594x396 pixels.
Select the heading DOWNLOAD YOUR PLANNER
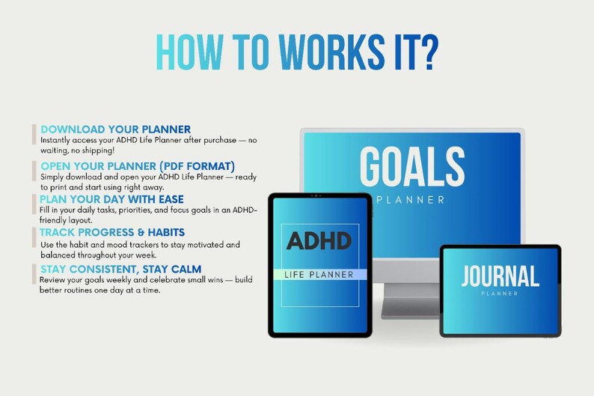click(115, 129)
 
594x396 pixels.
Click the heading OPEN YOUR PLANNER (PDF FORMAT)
click(138, 165)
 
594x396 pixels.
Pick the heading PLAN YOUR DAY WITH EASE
click(111, 199)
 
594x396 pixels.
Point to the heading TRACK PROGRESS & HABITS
click(112, 233)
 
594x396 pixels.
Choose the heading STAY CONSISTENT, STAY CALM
click(120, 268)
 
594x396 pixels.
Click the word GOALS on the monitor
click(411, 166)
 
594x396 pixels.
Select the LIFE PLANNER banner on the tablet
click(319, 275)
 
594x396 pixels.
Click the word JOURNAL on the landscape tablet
click(500, 276)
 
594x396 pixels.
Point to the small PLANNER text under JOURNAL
click(500, 293)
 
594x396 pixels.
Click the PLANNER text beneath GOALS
click(414, 200)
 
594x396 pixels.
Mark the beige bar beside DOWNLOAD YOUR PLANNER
click(34, 134)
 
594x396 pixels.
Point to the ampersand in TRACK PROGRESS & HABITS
click(138, 233)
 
